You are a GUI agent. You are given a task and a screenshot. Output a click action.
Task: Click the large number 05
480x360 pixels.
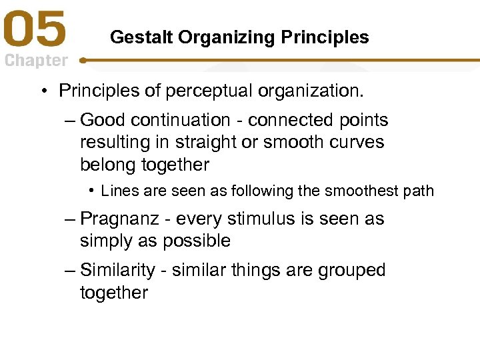(36, 31)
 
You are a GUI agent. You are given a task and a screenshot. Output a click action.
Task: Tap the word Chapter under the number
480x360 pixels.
(36, 61)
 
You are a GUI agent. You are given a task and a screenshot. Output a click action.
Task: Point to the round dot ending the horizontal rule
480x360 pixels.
(83, 60)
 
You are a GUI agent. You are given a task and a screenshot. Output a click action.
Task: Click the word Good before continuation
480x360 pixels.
(103, 120)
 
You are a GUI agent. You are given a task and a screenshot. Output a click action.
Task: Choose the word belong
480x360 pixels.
(107, 165)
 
